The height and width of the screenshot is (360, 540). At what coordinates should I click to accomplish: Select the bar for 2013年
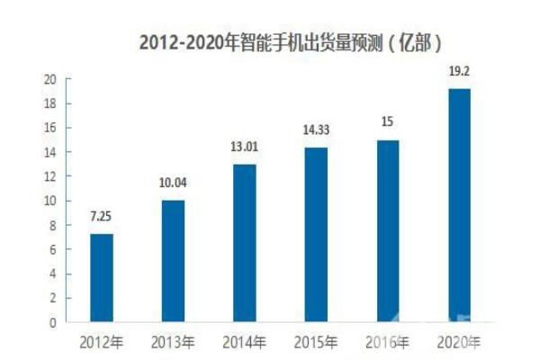click(x=173, y=261)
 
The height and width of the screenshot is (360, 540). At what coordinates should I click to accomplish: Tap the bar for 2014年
click(x=244, y=243)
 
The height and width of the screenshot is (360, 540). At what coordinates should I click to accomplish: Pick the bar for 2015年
click(x=316, y=235)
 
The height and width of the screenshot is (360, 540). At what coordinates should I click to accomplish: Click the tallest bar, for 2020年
click(x=458, y=205)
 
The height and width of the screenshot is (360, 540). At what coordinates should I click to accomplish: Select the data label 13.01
click(x=244, y=148)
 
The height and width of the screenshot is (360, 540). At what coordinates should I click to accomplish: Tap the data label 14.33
click(x=316, y=131)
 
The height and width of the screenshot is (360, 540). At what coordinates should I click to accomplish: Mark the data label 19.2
click(x=458, y=72)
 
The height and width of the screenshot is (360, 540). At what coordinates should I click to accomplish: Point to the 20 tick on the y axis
click(x=50, y=79)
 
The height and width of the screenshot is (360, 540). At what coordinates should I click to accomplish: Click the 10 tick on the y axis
click(x=50, y=201)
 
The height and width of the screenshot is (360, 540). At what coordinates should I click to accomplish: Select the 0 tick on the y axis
click(x=53, y=322)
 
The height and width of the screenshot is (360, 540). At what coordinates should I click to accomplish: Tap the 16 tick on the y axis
click(x=50, y=128)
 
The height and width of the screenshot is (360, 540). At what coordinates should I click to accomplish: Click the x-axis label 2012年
click(x=102, y=343)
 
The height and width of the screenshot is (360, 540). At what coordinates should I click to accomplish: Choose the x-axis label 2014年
click(x=244, y=343)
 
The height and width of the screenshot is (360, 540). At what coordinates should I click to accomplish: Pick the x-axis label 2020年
click(x=458, y=343)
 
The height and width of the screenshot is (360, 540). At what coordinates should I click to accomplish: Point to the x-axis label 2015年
click(x=316, y=343)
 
